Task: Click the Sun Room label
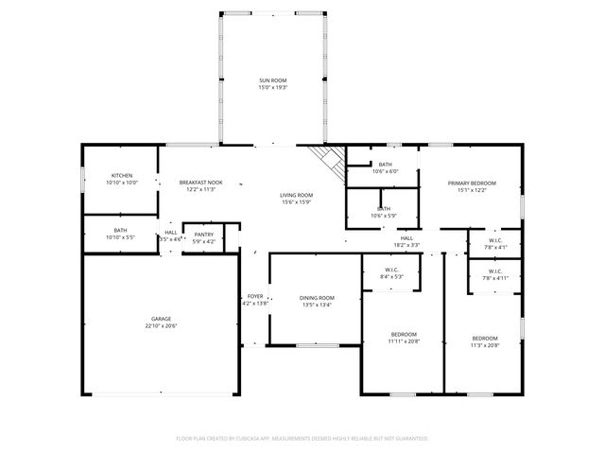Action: pos(273,80)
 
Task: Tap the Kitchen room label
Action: pos(122,176)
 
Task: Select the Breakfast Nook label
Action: pos(201,183)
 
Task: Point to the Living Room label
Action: pos(296,196)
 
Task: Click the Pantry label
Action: pos(204,235)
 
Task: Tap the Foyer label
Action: pos(255,296)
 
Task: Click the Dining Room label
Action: pos(318,298)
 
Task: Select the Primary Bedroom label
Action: pos(472,183)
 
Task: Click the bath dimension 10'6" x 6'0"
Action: pos(385,171)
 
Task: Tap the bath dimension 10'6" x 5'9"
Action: pos(385,216)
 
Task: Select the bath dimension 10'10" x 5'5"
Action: pos(121,236)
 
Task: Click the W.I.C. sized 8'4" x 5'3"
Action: pos(391,276)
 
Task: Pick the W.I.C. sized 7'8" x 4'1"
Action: pos(495,247)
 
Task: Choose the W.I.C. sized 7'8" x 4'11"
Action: pos(495,278)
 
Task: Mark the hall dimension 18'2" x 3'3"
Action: pos(406,245)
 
